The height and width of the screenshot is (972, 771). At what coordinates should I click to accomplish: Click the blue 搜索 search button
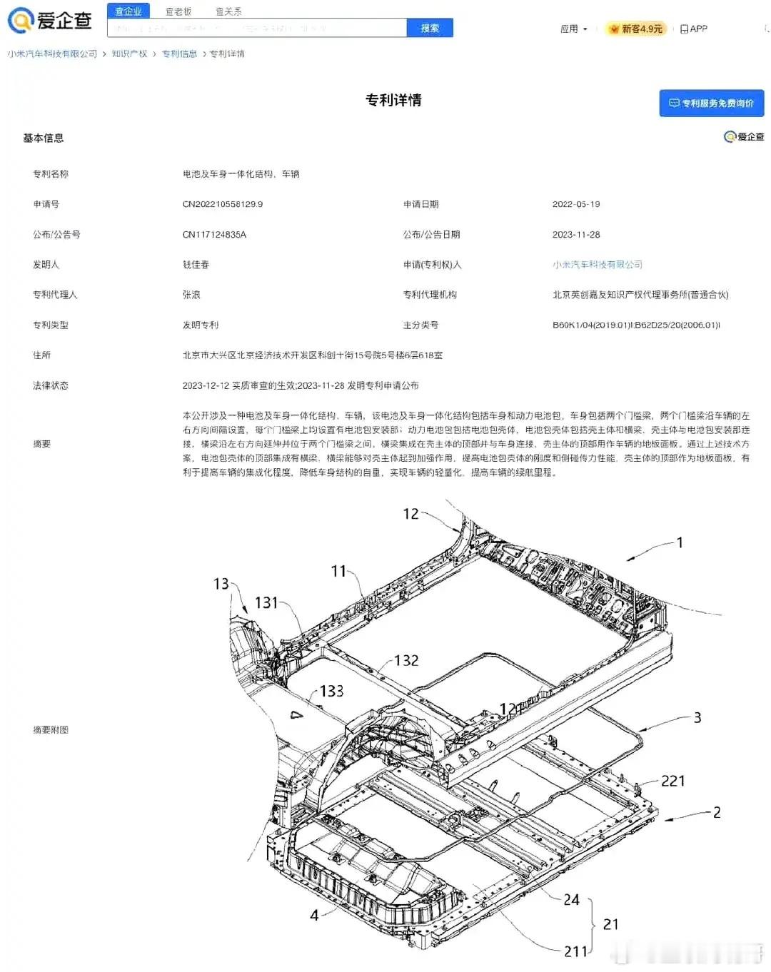(430, 29)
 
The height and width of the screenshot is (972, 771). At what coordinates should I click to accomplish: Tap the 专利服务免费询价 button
(711, 103)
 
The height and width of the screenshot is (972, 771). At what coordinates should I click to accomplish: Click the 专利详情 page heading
(393, 100)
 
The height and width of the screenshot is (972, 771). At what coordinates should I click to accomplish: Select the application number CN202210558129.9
(223, 204)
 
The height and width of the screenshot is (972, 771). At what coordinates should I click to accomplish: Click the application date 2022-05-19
(576, 204)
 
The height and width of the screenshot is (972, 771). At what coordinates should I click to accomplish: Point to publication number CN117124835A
(214, 235)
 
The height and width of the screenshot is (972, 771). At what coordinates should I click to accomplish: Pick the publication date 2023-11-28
(576, 235)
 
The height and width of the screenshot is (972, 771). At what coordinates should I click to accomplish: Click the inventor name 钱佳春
(196, 265)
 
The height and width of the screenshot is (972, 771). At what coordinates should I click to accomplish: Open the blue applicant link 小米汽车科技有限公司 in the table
(598, 265)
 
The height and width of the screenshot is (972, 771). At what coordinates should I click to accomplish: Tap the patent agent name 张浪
(191, 295)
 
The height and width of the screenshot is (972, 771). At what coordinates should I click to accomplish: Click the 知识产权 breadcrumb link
(129, 54)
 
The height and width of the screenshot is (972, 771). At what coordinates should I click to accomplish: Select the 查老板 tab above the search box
(178, 11)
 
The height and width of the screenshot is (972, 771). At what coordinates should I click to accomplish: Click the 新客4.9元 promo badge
(637, 29)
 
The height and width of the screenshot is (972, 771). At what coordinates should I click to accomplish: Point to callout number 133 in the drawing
(331, 691)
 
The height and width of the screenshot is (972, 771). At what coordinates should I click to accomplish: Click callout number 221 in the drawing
(672, 781)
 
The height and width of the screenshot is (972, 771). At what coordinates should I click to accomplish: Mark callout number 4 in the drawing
(314, 915)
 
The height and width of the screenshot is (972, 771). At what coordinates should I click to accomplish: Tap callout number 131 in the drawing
(266, 603)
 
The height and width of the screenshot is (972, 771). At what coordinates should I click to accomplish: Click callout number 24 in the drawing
(571, 900)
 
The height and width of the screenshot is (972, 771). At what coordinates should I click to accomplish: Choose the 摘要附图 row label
(51, 730)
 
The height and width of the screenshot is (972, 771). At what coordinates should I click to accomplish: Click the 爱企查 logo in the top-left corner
(50, 21)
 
